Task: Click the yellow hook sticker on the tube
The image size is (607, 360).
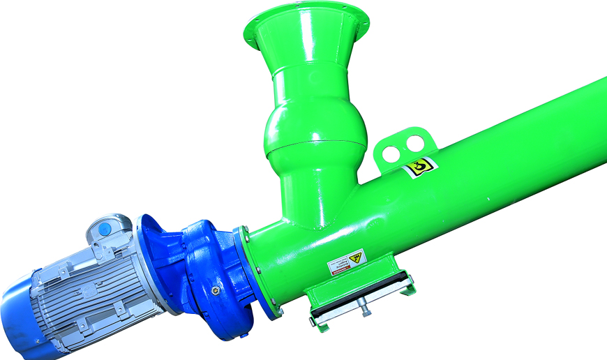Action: tap(420, 167)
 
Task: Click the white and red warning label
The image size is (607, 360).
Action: tap(347, 262)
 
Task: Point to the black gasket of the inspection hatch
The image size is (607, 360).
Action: tap(359, 297)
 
